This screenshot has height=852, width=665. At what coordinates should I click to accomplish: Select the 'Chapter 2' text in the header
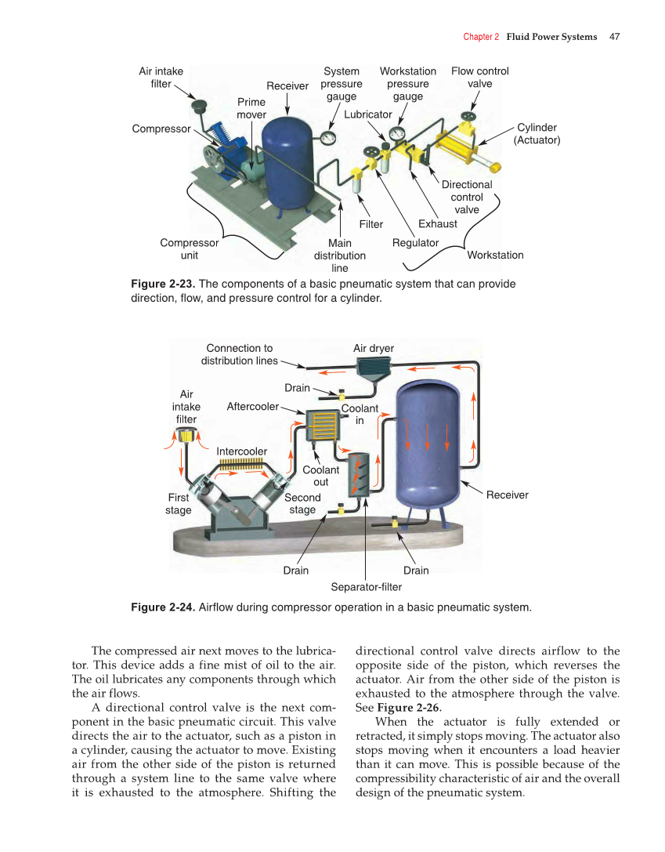point(481,37)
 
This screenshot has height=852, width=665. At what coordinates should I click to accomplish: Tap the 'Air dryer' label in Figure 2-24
point(374,348)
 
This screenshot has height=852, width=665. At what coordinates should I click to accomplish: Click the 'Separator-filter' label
point(367,587)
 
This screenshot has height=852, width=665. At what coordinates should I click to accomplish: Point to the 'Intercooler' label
point(241,451)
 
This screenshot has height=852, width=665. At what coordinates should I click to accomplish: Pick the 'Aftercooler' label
point(252,406)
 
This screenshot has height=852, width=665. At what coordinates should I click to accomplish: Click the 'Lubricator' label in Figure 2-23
point(367,114)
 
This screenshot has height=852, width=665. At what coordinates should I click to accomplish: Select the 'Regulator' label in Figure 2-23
point(415,243)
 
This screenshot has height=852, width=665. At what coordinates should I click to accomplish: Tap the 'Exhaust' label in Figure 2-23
point(437,224)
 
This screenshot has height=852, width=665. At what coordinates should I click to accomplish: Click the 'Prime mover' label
point(251,108)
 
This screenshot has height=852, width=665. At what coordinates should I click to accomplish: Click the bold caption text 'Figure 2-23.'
point(162,284)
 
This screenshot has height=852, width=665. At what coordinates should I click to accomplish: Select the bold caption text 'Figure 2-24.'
point(163,607)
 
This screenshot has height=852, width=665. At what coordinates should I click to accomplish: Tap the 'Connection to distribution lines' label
point(239,354)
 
